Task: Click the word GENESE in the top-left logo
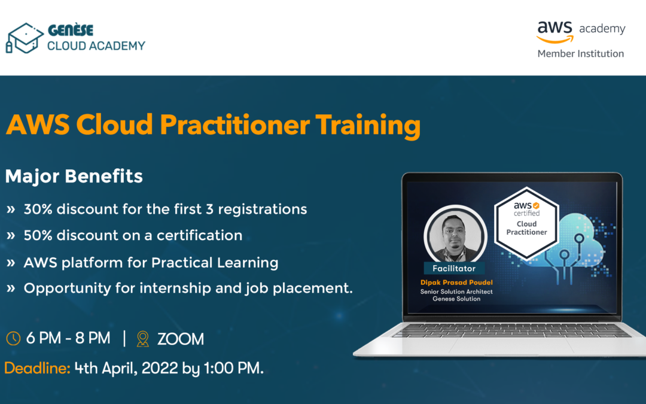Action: pos(71,30)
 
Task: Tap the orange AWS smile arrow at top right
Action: pos(555,39)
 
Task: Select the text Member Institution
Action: pos(580,54)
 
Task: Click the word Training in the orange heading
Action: pos(368,125)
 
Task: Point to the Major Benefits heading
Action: pos(74,176)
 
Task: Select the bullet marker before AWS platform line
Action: pos(11,263)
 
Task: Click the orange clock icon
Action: pos(13,338)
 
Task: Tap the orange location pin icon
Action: pos(142,339)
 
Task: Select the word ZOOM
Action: pos(181,339)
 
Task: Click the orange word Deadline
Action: pos(37,367)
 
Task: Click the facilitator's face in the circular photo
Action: pos(455,233)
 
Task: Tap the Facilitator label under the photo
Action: pos(454,268)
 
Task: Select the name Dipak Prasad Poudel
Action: pos(456,283)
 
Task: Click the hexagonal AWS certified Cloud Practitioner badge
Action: pos(526,223)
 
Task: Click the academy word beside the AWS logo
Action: pos(602,29)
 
